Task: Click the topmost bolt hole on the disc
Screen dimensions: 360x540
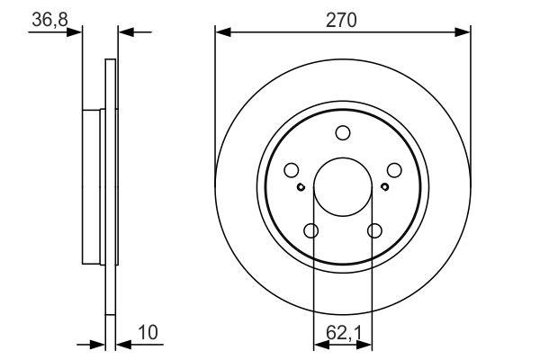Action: tap(343, 133)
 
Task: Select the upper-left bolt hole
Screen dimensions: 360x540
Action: tap(291, 169)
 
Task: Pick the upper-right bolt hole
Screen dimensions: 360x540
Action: tap(394, 169)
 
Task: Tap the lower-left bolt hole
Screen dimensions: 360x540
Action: tap(311, 231)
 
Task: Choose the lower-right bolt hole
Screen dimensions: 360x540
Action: tap(374, 231)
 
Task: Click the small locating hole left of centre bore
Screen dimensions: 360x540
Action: tap(301, 187)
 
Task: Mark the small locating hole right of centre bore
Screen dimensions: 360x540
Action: tap(384, 187)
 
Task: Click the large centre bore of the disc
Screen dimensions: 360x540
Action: tap(343, 187)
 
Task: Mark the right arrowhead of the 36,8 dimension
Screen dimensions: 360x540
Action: tap(124, 32)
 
